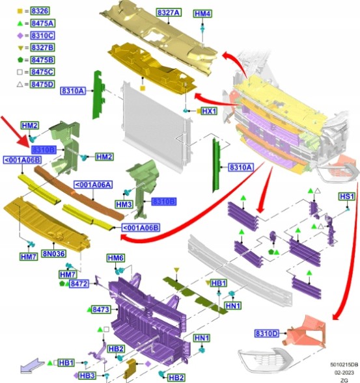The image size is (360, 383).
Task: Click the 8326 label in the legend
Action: coord(40,11)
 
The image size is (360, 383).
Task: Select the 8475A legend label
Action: coord(42,23)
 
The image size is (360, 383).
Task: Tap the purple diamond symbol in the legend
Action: coord(20,36)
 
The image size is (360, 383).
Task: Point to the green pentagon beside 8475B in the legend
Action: coord(20,60)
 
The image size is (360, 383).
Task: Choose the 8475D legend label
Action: coord(42,85)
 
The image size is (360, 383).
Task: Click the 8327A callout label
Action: coord(169,12)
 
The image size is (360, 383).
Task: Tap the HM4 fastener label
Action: coord(202,14)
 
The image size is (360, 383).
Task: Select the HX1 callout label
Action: coord(209,111)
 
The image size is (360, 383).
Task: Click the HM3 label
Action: coord(124,204)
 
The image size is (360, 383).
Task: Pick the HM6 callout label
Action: coord(116,258)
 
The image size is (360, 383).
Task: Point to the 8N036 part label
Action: coord(53,254)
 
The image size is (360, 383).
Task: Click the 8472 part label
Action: coord(79,284)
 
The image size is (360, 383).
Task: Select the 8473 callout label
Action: coord(101,310)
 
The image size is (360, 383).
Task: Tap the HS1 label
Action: coord(347,196)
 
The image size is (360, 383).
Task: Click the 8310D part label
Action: coord(266,334)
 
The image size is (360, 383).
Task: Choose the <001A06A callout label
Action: coord(93,185)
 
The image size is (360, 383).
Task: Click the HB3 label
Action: coord(87,375)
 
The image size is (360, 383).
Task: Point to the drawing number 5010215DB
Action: coord(344,365)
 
